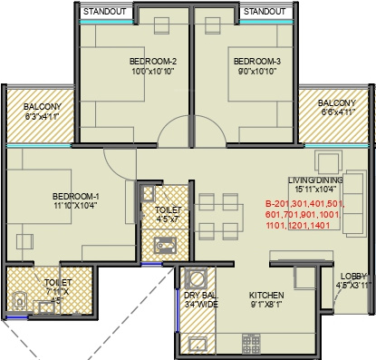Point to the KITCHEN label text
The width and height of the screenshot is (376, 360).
(268, 296)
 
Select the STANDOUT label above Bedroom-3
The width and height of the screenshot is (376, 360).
(265, 12)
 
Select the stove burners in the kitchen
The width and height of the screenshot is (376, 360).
(250, 344)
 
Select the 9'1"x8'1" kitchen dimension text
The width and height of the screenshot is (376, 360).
(268, 306)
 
